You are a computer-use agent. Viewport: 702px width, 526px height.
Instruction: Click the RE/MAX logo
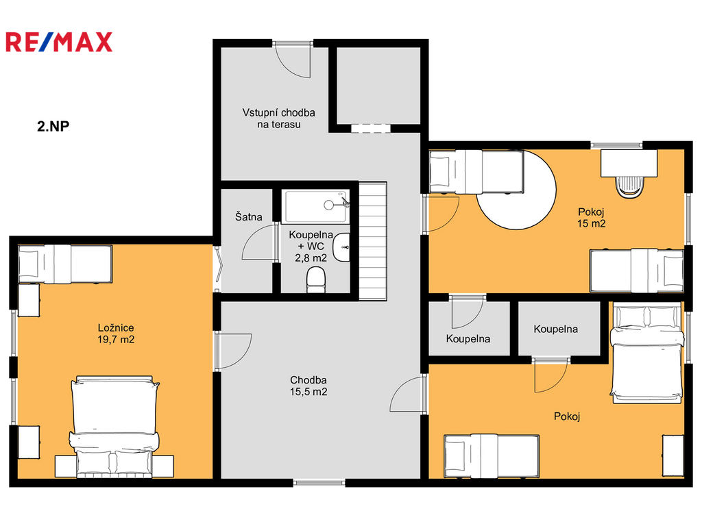coord(59,42)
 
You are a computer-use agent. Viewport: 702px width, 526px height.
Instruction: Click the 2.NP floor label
coord(53,126)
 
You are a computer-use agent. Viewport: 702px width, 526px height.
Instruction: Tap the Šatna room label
coord(248,217)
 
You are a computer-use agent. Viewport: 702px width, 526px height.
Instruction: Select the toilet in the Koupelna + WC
coord(316,279)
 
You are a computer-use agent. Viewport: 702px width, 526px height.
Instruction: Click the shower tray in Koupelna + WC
coord(317,207)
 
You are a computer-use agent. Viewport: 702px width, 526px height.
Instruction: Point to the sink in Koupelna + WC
coord(341,247)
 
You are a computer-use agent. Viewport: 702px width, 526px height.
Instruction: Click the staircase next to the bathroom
coord(373,240)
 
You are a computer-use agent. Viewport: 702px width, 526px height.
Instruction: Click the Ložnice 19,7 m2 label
coord(116,334)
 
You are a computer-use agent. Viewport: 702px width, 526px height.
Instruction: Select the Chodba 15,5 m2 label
coord(308,386)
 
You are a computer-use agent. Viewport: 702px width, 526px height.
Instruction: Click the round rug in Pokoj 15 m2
coord(517,190)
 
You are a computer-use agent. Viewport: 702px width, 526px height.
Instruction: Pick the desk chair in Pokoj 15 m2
coord(629,187)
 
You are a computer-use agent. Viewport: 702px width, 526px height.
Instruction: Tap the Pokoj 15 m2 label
coord(591,218)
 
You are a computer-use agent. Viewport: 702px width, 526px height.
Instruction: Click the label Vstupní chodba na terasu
coord(278,118)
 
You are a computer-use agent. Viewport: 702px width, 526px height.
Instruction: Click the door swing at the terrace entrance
coord(292,61)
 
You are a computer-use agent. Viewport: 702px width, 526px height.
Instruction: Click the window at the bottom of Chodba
coord(319,483)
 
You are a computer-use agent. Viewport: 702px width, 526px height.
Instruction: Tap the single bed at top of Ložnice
coord(65,264)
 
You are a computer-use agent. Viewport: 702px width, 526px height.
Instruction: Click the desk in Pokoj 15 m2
coord(629,163)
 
